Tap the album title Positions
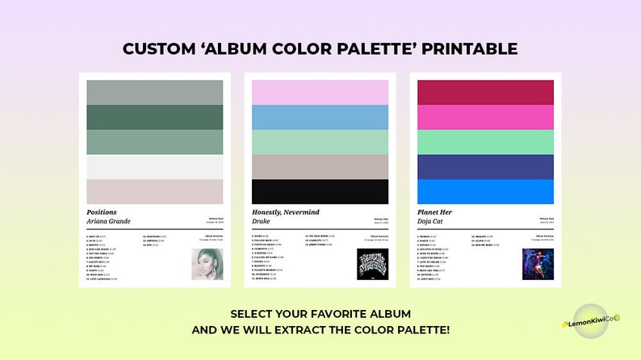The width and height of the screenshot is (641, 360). [x=101, y=212]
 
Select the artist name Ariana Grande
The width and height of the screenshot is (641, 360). [x=108, y=221]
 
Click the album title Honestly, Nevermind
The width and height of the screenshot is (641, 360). [x=286, y=212]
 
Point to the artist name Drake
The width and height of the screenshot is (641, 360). [x=261, y=221]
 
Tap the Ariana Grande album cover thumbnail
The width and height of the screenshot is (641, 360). [x=207, y=263]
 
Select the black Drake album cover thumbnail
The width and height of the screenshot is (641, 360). [x=373, y=264]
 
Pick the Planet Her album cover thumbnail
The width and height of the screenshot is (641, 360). [x=538, y=263]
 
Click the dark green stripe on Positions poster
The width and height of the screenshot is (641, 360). [x=155, y=117]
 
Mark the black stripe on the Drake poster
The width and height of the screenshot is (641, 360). [x=320, y=191]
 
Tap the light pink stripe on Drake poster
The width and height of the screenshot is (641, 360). [x=320, y=92]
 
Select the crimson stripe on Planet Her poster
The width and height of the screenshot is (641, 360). [x=485, y=92]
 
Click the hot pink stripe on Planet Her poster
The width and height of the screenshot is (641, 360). [x=485, y=117]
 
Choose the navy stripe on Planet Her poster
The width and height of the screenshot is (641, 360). [x=485, y=166]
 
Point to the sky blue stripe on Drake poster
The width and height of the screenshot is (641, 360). [x=320, y=117]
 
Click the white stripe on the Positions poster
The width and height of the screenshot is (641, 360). [x=155, y=166]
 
